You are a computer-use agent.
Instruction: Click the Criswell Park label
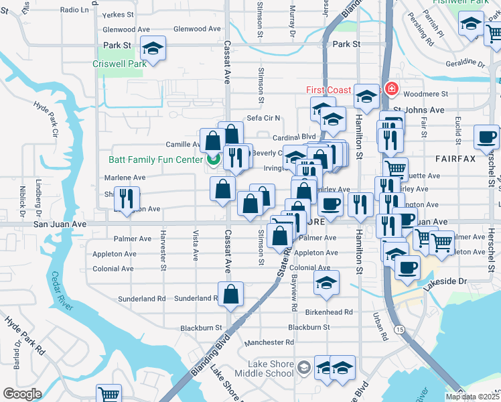pos(119,64)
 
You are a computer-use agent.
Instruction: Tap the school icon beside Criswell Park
pos(153,49)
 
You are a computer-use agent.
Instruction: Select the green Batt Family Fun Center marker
pos(214,159)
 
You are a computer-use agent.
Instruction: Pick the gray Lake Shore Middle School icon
pos(304,367)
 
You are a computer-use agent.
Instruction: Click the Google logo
pos(22,393)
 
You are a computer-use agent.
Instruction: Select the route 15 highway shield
pos(399,329)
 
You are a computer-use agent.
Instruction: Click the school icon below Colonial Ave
pos(326,283)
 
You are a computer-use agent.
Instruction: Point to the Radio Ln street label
pos(74,10)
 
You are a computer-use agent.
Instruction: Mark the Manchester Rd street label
pos(269,342)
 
